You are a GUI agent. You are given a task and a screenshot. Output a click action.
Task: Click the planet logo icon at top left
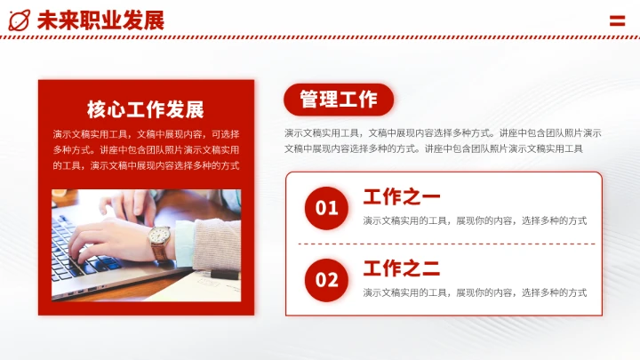pyautogui.click(x=20, y=20)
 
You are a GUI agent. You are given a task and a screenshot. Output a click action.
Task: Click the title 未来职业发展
pyautogui.click(x=100, y=20)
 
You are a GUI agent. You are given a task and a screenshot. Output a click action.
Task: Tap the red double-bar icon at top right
pyautogui.click(x=617, y=20)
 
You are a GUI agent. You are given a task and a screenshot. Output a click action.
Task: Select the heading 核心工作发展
pyautogui.click(x=146, y=109)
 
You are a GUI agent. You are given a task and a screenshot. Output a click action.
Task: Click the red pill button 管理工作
pyautogui.click(x=339, y=100)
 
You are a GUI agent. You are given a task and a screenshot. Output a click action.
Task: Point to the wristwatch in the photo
pyautogui.click(x=160, y=238)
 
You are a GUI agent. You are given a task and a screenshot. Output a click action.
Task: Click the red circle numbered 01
pyautogui.click(x=327, y=208)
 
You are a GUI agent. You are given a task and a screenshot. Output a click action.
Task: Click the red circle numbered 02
pyautogui.click(x=327, y=280)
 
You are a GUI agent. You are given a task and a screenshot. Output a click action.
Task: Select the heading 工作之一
pyautogui.click(x=402, y=196)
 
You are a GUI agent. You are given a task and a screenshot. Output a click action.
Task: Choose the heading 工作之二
pyautogui.click(x=402, y=268)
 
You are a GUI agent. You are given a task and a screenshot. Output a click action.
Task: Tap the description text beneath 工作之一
pyautogui.click(x=475, y=220)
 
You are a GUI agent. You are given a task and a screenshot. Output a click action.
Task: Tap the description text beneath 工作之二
pyautogui.click(x=475, y=292)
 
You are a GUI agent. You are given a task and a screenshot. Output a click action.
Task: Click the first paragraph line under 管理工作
pyautogui.click(x=443, y=132)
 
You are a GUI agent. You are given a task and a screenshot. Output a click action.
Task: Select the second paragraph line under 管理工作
pyautogui.click(x=434, y=148)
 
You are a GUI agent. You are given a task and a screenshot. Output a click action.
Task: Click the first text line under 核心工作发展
pyautogui.click(x=146, y=133)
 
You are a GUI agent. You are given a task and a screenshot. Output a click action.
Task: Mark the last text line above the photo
pyautogui.click(x=146, y=165)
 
